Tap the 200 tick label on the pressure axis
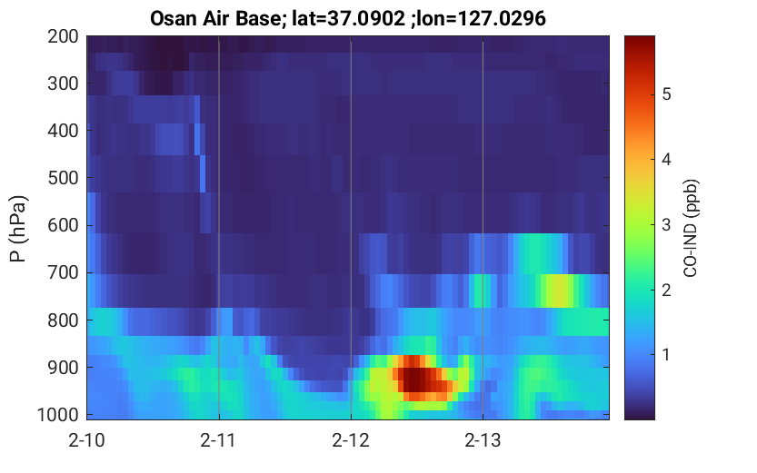point(63,36)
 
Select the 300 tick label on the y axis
point(63,84)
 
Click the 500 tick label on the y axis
point(63,178)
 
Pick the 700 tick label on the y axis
point(63,273)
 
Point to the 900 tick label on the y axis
point(63,368)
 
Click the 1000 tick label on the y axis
point(58,415)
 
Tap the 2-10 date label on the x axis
point(86,440)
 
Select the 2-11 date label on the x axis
point(218,440)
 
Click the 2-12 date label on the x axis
point(351,440)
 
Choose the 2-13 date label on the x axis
point(483,440)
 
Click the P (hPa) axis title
point(18,229)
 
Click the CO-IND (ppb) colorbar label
point(691,228)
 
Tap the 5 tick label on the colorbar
point(666,94)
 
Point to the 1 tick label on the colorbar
point(666,355)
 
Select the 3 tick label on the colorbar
point(666,224)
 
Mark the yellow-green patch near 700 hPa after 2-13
point(558,291)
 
